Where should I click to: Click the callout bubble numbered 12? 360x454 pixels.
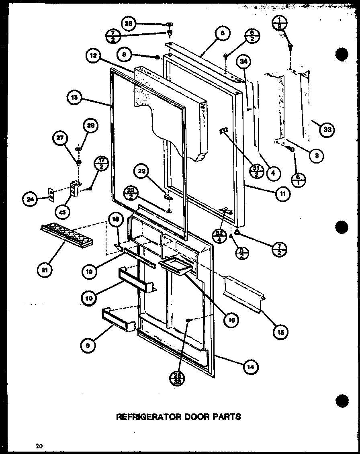[x=93, y=56]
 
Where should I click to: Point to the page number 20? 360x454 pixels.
[x=39, y=445]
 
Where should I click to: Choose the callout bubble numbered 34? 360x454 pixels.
[x=244, y=61]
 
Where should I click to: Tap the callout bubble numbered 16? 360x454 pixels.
[x=231, y=320]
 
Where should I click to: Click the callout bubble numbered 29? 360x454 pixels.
[x=90, y=125]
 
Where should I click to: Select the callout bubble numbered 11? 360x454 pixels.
[x=283, y=194]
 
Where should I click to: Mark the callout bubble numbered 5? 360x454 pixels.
[x=222, y=35]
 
